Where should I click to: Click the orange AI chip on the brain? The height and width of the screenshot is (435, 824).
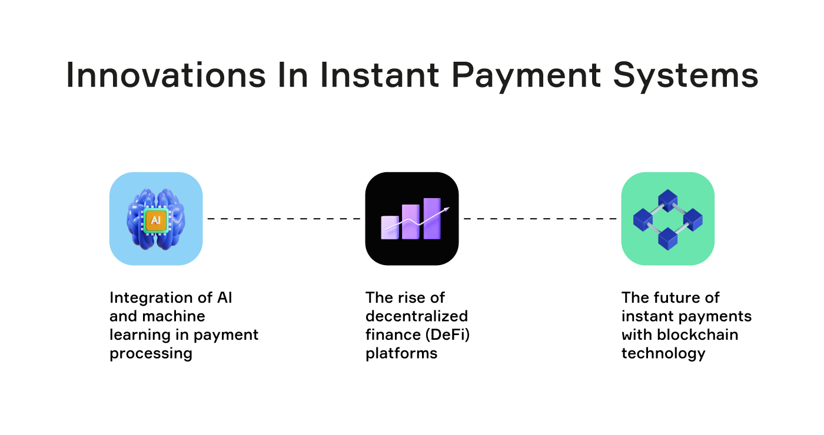click(155, 220)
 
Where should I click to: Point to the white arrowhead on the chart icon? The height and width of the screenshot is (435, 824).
click(448, 209)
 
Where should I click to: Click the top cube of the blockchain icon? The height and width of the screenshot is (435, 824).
click(668, 200)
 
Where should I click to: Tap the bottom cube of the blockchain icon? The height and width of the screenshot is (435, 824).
click(668, 238)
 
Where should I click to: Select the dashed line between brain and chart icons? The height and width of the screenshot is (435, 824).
click(284, 219)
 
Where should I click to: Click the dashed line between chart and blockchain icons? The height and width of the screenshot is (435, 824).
click(540, 219)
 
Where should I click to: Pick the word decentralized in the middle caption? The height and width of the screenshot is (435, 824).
click(416, 316)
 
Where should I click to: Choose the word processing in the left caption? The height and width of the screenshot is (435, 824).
click(151, 354)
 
